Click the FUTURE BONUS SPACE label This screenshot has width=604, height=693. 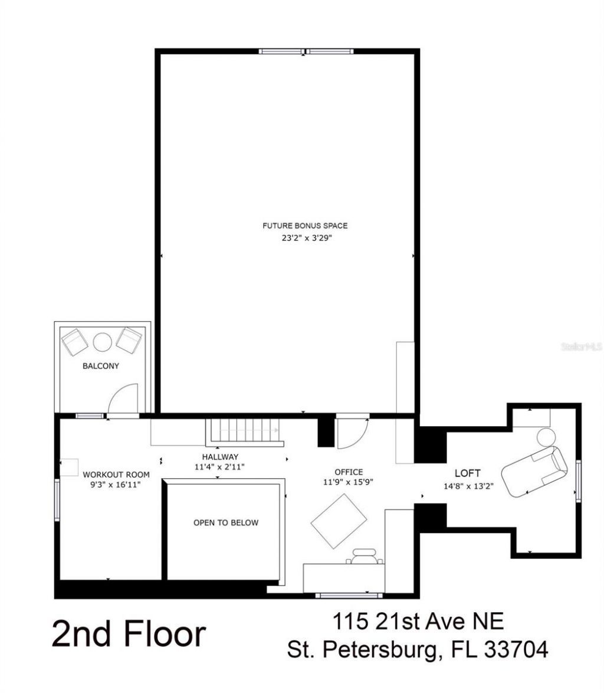[x=304, y=225]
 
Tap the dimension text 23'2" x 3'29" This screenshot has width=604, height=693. [x=304, y=238]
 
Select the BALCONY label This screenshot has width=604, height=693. [x=100, y=366]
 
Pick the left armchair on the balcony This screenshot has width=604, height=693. [x=75, y=342]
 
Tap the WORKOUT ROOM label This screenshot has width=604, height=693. [x=116, y=475]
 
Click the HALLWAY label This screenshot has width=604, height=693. [x=220, y=456]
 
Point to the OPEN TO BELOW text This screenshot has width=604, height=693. [x=226, y=522]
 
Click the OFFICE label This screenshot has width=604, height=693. [x=349, y=472]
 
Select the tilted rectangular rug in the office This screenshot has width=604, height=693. [x=338, y=521]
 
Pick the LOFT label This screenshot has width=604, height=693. [x=467, y=473]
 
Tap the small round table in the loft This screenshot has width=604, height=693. [x=546, y=437]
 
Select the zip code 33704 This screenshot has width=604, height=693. [x=516, y=649]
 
